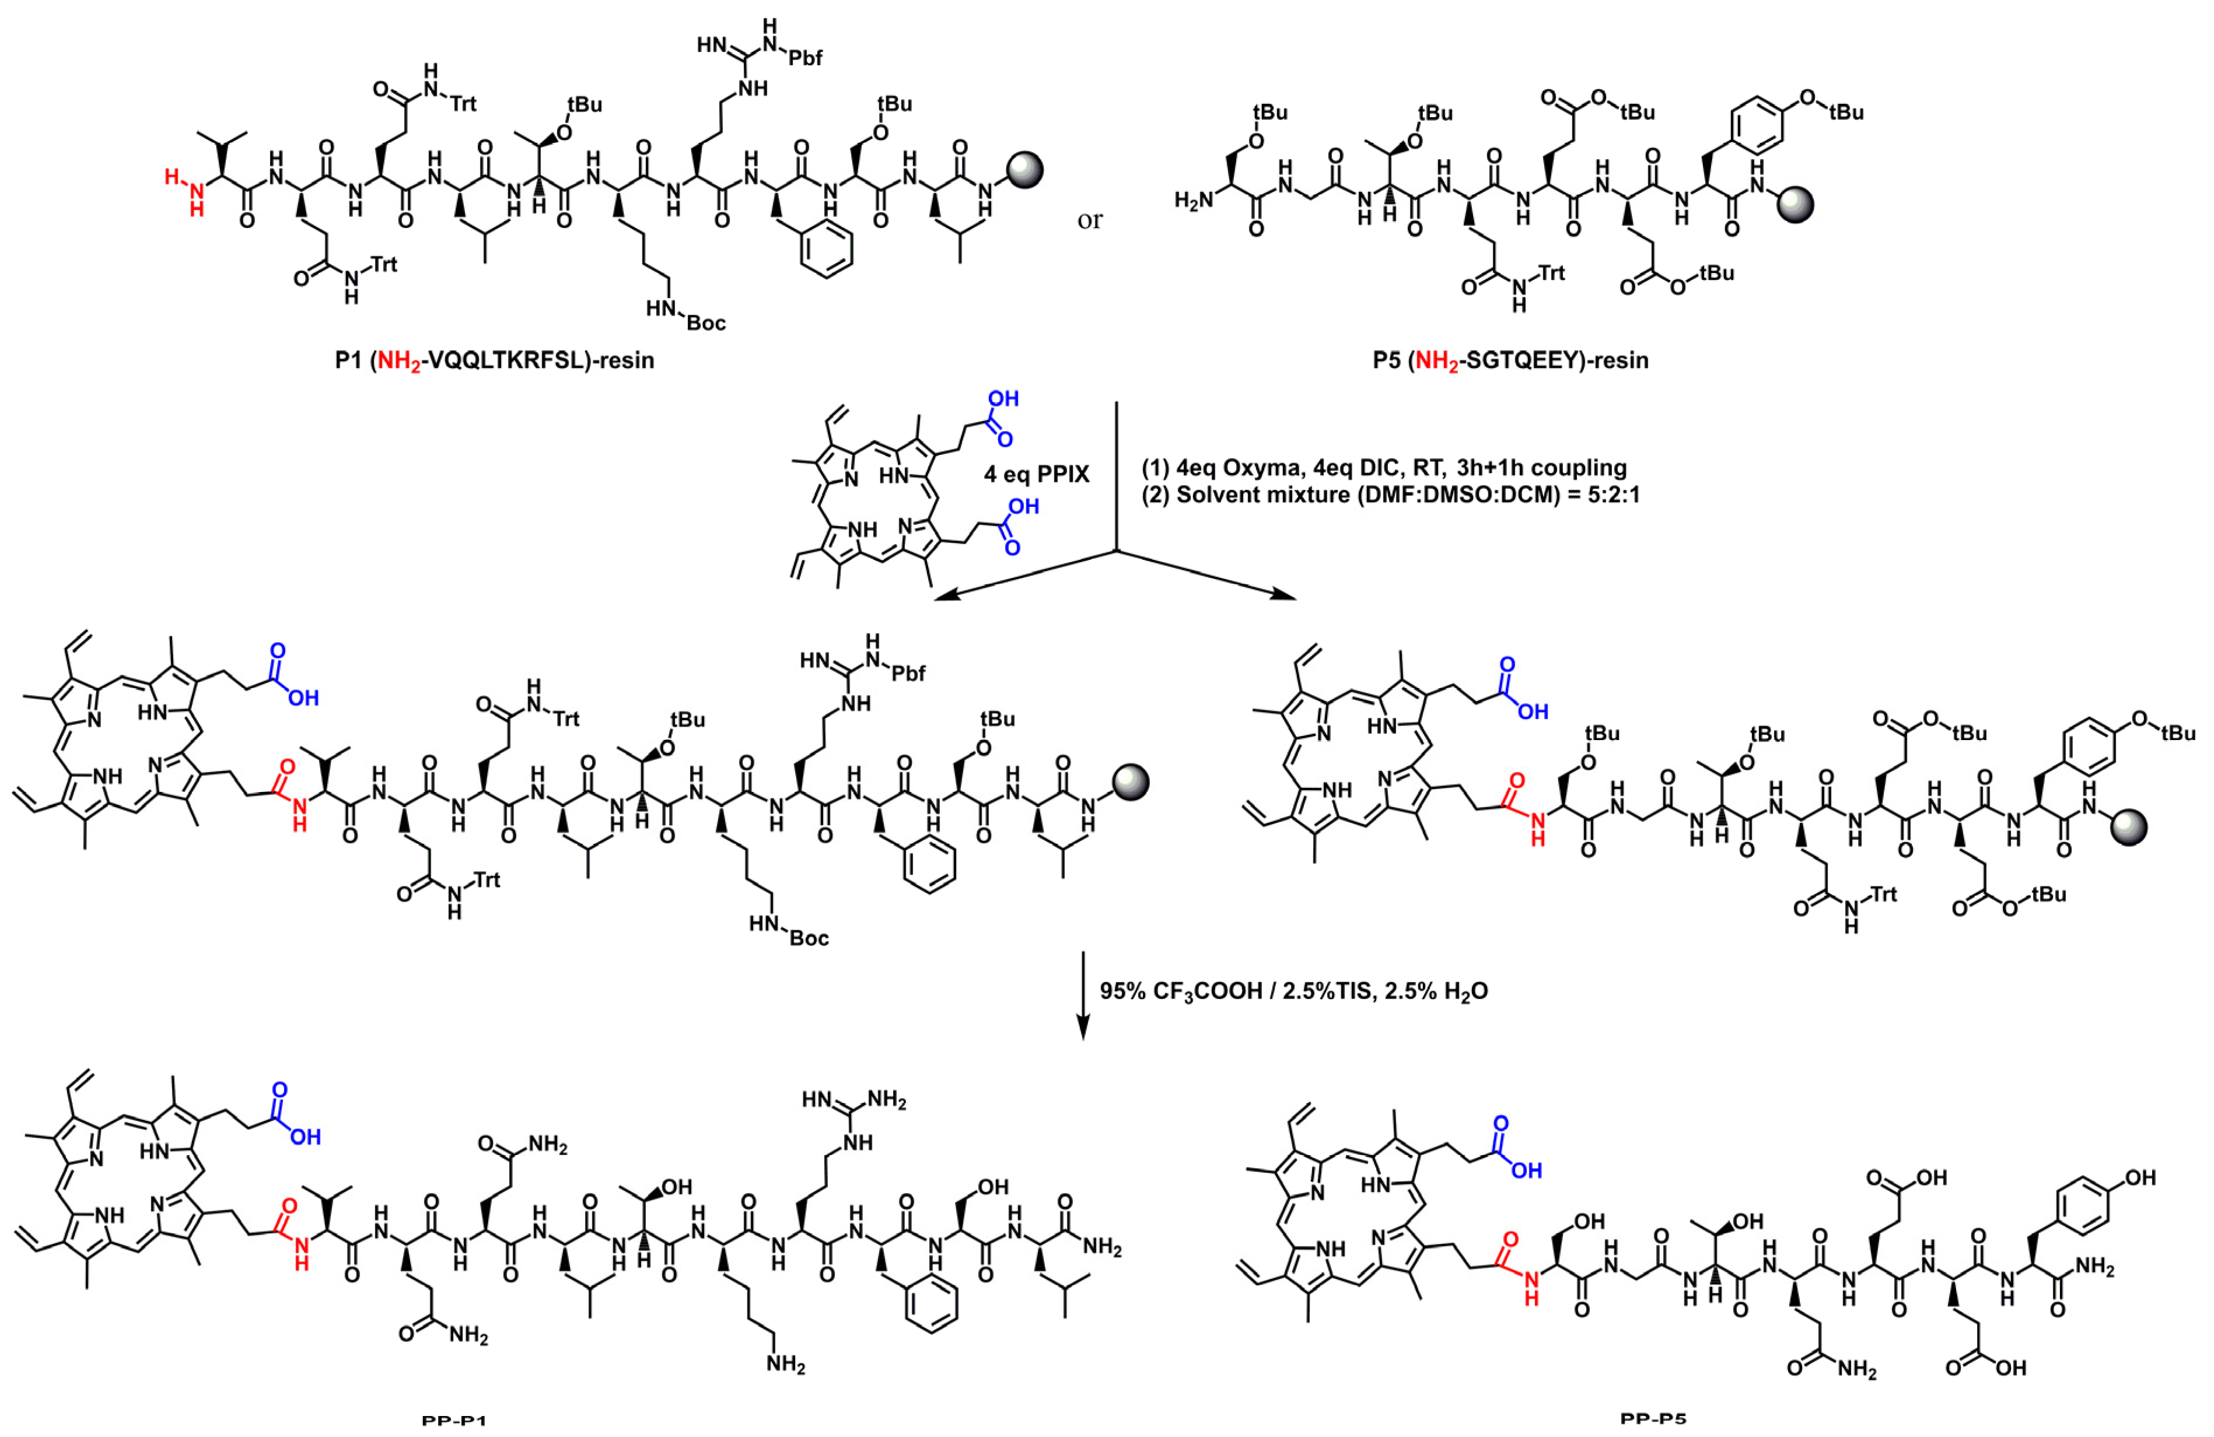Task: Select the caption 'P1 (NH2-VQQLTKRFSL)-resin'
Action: tap(494, 360)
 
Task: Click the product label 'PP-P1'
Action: tap(454, 1421)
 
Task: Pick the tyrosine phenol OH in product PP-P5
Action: tap(2140, 1177)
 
